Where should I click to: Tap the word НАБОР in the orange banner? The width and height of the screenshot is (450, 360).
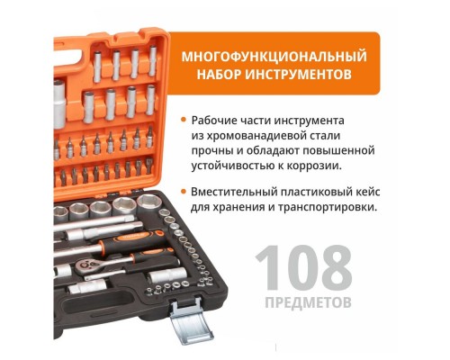pos(220,75)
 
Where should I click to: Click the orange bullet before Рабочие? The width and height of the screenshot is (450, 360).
pos(184,119)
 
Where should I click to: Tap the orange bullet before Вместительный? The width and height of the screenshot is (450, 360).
pos(184,191)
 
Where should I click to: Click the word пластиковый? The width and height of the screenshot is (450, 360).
pos(324,191)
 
